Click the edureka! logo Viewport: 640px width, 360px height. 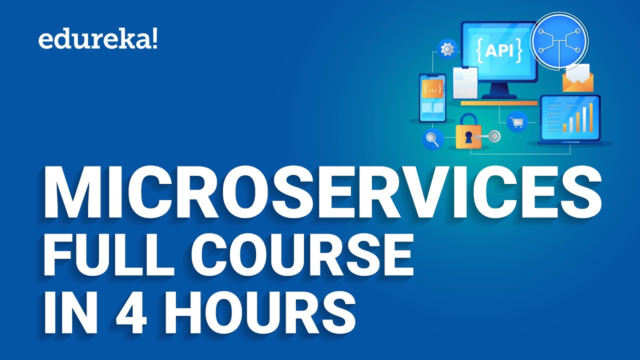click(x=98, y=40)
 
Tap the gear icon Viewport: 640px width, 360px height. click(x=447, y=49)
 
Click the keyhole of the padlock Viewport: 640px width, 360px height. click(x=468, y=138)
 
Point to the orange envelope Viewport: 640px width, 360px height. click(x=577, y=81)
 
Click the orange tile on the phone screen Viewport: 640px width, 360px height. click(x=432, y=89)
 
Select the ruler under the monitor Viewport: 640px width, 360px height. click(x=499, y=103)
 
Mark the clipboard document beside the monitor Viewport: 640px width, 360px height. click(x=465, y=82)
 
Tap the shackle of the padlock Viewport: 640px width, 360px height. click(x=468, y=121)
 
